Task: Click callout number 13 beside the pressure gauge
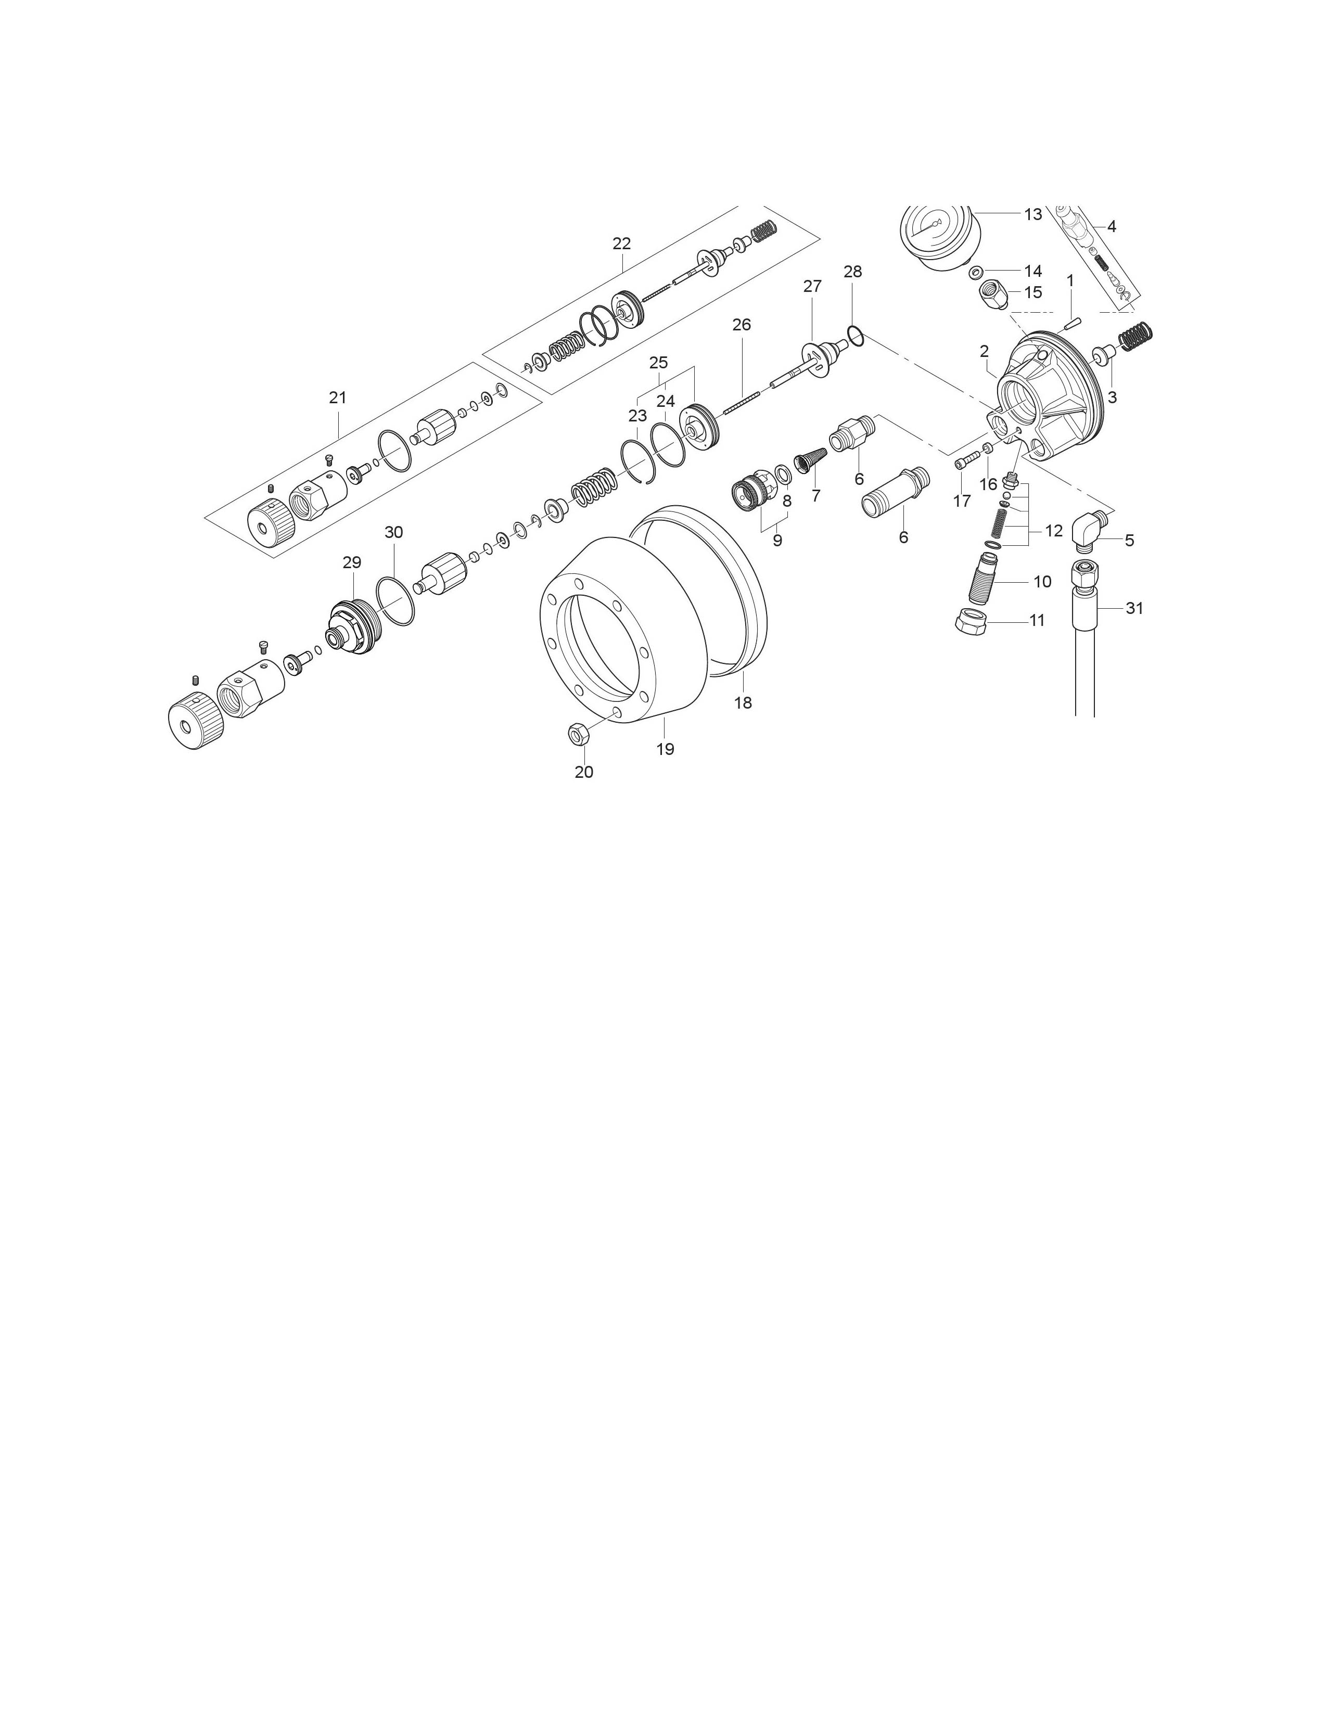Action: pos(1032,214)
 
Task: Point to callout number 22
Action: pos(621,244)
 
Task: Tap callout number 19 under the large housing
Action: pos(665,749)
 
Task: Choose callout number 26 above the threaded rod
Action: pos(742,325)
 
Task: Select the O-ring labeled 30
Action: pos(395,601)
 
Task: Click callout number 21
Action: pos(337,398)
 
